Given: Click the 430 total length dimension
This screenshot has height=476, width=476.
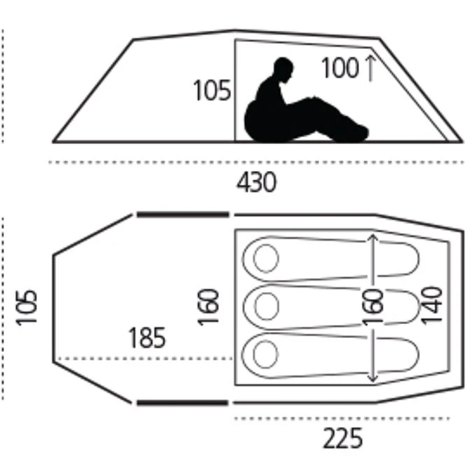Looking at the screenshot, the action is (256, 182).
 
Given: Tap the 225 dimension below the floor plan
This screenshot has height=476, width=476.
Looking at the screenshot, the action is (343, 438).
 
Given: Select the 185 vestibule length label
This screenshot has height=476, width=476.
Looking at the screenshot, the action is (147, 337).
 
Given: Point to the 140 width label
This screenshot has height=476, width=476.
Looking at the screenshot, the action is (432, 305).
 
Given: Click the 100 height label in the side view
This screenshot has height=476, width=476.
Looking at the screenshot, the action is (340, 68).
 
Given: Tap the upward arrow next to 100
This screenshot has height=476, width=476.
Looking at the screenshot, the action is (370, 69).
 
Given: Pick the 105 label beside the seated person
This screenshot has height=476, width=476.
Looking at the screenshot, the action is (212, 90).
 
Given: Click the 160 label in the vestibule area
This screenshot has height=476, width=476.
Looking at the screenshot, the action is (209, 307).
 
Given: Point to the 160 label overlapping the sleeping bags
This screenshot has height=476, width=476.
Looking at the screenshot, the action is (373, 307).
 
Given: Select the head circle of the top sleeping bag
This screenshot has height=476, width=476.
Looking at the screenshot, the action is (266, 258).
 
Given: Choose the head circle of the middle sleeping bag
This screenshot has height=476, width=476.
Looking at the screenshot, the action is (267, 306).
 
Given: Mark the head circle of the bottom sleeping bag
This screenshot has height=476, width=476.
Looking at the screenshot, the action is (265, 354).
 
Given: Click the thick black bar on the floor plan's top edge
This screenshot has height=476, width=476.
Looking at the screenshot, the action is (183, 215).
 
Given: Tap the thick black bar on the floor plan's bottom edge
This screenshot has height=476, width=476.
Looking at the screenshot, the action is (182, 402).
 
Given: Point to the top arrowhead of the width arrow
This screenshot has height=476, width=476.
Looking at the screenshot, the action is (373, 238).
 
